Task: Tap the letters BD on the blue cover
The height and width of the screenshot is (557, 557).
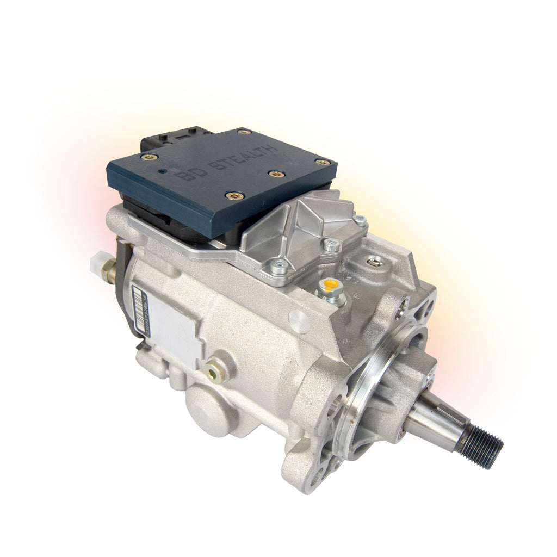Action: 189,174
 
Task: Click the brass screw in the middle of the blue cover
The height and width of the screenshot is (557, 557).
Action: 277,175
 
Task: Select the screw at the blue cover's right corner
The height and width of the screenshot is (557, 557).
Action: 322,162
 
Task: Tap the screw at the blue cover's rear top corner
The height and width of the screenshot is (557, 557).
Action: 245,132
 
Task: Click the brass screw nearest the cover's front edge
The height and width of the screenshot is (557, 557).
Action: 235,196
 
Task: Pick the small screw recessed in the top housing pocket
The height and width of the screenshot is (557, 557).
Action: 374,262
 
